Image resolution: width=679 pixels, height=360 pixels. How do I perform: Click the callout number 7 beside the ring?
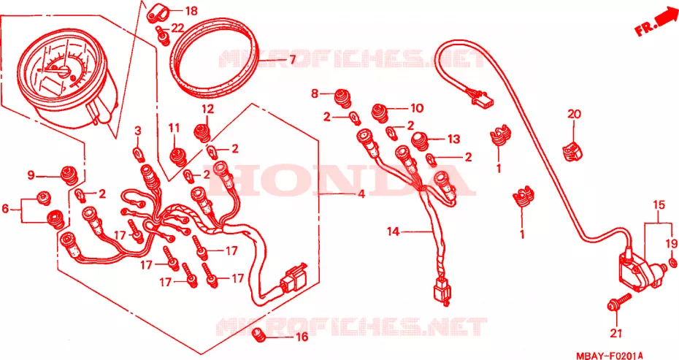tap(292, 60)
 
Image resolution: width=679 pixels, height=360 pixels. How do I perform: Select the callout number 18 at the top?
tap(191, 11)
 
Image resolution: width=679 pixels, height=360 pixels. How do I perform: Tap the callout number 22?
tap(177, 28)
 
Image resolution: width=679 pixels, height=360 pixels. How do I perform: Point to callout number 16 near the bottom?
tap(302, 337)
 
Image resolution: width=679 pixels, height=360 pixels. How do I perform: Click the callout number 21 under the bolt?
tap(616, 333)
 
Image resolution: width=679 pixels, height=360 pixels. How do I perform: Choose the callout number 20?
tap(574, 115)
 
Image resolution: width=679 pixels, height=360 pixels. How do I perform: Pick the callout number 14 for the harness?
tap(394, 232)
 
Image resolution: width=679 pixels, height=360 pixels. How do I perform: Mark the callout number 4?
tap(361, 194)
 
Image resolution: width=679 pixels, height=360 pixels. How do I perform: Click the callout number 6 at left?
tap(5, 210)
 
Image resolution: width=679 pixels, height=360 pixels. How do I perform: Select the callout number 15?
tap(659, 205)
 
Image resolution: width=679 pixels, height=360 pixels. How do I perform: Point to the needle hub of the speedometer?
tap(64, 72)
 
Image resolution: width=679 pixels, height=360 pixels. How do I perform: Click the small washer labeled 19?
tap(672, 262)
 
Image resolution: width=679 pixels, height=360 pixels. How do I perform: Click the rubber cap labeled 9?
tap(69, 175)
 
